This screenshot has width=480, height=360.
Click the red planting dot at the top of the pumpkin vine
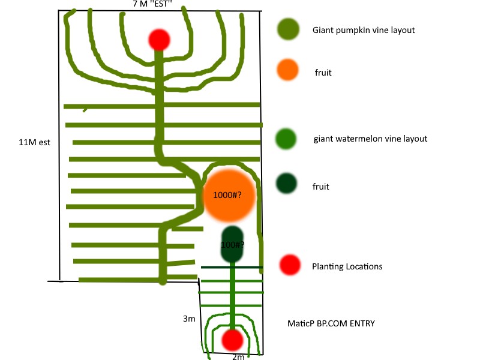(x=159, y=40)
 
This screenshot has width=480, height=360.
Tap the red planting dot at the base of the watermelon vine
(x=232, y=340)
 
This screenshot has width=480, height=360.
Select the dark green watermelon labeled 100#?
(x=232, y=244)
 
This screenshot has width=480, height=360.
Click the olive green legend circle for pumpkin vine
(x=289, y=29)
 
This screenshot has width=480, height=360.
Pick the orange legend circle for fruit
(x=288, y=70)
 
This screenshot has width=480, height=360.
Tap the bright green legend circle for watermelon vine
(x=288, y=139)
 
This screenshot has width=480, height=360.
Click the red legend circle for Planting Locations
(x=290, y=264)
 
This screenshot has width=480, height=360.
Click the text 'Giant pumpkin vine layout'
(x=364, y=29)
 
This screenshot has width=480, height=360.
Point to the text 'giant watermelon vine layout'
(x=370, y=139)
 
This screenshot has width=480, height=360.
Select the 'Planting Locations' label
(x=347, y=266)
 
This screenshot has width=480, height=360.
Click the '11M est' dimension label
(x=34, y=143)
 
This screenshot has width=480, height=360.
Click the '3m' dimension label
(x=190, y=319)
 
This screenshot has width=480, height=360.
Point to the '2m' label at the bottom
(x=238, y=357)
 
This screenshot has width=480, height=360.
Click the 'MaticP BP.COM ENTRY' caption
(x=331, y=323)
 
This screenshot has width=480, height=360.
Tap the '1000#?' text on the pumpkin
(x=227, y=196)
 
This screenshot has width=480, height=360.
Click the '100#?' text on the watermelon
(x=232, y=245)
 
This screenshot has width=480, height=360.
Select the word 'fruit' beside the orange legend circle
(x=323, y=73)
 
